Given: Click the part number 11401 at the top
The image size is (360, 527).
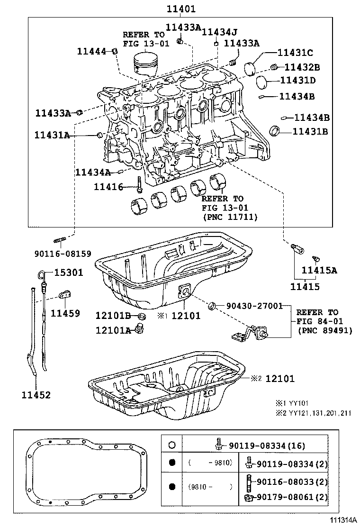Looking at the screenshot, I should [180, 9].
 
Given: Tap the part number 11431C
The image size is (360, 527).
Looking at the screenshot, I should [295, 53].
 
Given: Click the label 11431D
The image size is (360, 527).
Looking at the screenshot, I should [298, 81].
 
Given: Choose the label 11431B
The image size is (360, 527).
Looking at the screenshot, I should [310, 131].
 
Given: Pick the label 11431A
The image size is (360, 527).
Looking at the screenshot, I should [52, 135].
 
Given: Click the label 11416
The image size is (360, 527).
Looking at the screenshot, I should [108, 188].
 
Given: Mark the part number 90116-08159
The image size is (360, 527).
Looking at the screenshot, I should [63, 254].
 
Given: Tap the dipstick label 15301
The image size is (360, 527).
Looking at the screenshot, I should [68, 273].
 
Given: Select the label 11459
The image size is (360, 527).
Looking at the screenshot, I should [65, 313].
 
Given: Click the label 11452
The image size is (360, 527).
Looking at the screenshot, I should [36, 394].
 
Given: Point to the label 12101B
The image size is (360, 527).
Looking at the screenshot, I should [113, 315].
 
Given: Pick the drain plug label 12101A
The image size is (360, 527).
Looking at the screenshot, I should [113, 330].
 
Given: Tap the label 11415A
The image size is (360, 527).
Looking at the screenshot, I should [320, 271].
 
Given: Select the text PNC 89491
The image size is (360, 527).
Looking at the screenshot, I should [325, 330].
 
